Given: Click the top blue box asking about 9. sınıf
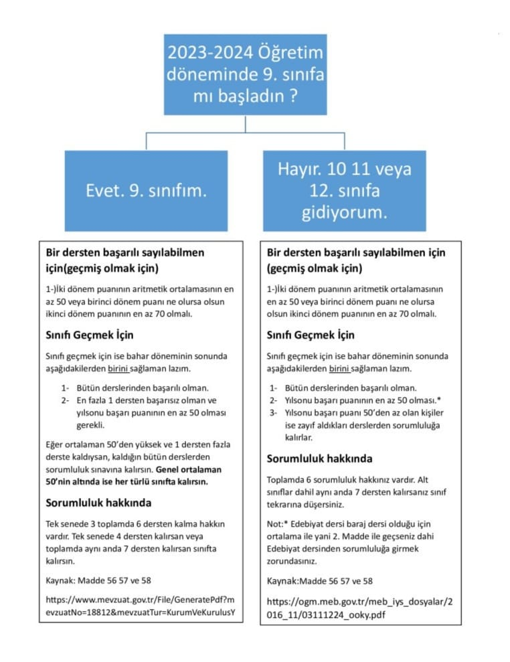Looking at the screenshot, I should pos(246,74).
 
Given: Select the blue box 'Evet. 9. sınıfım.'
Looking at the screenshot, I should pos(146,190).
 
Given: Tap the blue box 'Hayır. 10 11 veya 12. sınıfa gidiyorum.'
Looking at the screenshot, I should pos(345,190).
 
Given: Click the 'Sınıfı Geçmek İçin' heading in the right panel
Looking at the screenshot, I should pos(311,335).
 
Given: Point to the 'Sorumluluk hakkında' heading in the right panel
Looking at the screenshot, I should pos(320,459).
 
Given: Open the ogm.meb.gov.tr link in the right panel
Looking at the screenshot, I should pos(359,608).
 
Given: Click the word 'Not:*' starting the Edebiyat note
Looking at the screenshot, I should pos(278,524).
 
